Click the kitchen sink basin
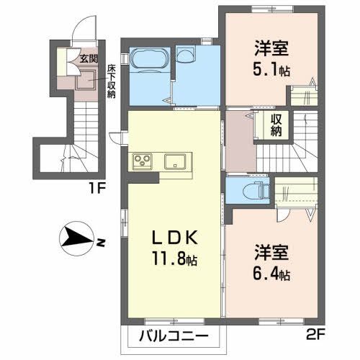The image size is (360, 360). coord(176,161)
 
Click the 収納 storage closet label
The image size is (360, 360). coord(276,125)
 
